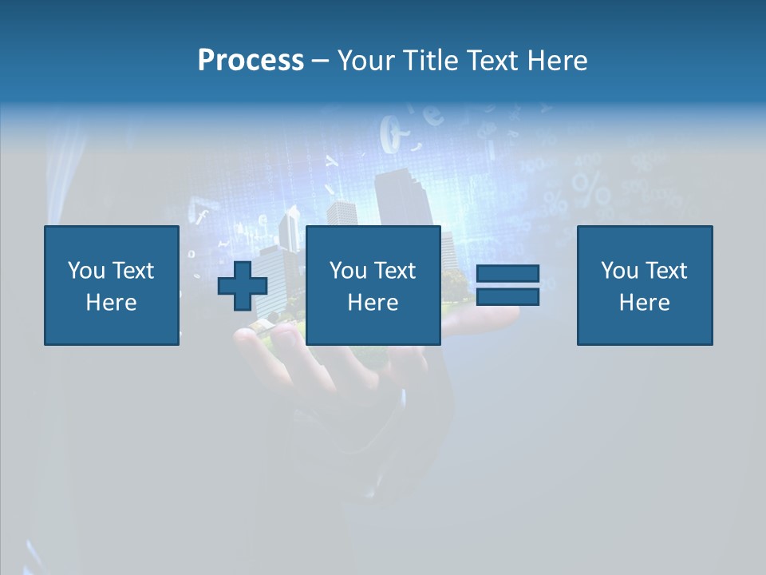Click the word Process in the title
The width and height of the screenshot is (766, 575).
coord(251,61)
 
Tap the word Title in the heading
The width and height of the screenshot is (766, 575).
coord(431,61)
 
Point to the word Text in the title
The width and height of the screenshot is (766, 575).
coord(493,61)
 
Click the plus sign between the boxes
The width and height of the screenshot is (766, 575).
coord(243,285)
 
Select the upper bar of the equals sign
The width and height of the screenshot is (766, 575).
coord(507,273)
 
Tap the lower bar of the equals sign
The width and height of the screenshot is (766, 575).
coord(507,297)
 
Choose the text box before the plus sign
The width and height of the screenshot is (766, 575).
coord(111,285)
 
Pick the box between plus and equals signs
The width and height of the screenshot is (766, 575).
coord(373,285)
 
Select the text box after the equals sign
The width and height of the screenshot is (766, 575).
coord(644,285)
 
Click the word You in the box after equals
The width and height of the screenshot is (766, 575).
coord(619,271)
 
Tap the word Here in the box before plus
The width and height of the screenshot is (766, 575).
coord(111,303)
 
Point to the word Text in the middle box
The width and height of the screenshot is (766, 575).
coord(395,271)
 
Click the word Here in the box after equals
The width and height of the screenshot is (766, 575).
coord(644,303)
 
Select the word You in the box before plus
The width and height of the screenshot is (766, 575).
coord(86,271)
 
